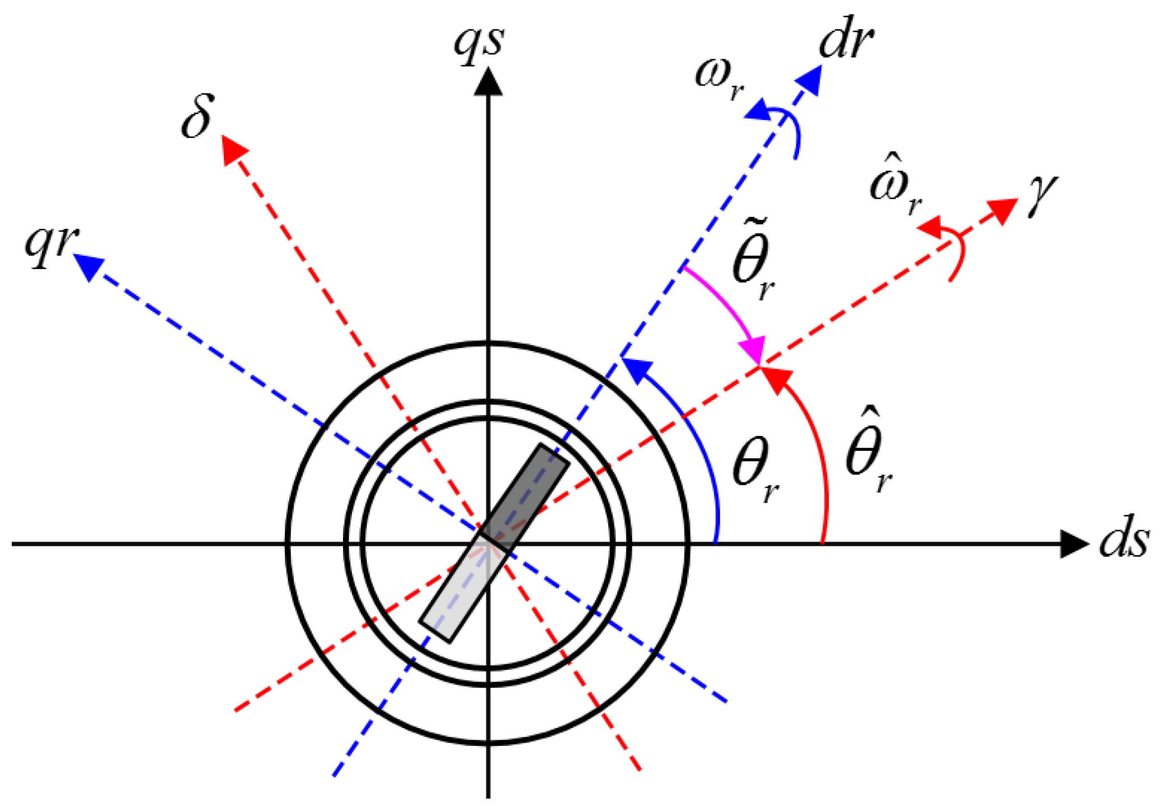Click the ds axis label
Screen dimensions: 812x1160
(x=1124, y=541)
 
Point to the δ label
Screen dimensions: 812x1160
(x=197, y=116)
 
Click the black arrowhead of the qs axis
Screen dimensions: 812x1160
(x=488, y=81)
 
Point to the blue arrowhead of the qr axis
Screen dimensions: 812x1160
(x=88, y=266)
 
